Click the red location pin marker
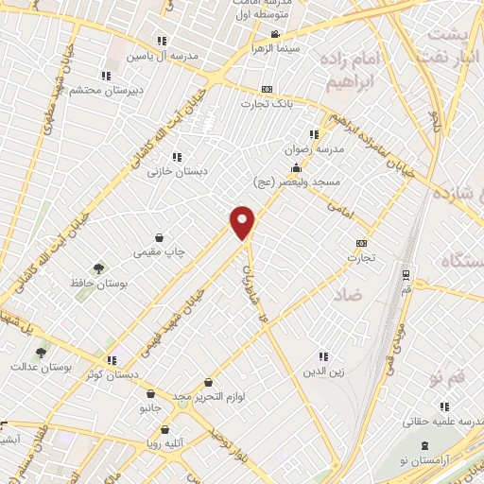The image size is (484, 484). click(243, 222)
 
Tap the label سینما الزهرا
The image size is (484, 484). click(275, 46)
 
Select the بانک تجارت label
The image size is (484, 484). click(293, 103)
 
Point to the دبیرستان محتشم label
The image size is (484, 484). click(103, 90)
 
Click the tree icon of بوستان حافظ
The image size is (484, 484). click(98, 268)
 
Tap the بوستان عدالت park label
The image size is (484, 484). click(41, 365)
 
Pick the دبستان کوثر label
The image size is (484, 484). click(112, 374)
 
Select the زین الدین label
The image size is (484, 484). click(323, 372)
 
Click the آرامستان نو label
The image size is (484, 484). click(451, 457)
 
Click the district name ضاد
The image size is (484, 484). click(347, 295)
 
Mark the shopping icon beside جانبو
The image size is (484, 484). click(150, 394)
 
